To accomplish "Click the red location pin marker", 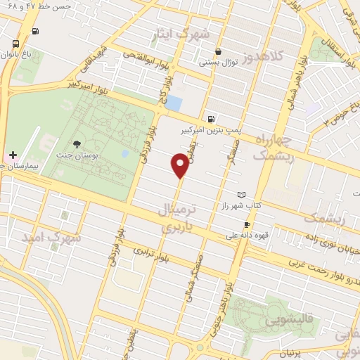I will pos(180,166).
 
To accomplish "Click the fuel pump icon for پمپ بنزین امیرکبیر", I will pos(211,119).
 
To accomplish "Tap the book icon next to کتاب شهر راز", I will pos(243,194).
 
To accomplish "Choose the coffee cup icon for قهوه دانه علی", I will pos(246,225).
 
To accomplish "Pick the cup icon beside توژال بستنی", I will pos(218,51).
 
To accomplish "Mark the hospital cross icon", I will pos(13,155).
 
